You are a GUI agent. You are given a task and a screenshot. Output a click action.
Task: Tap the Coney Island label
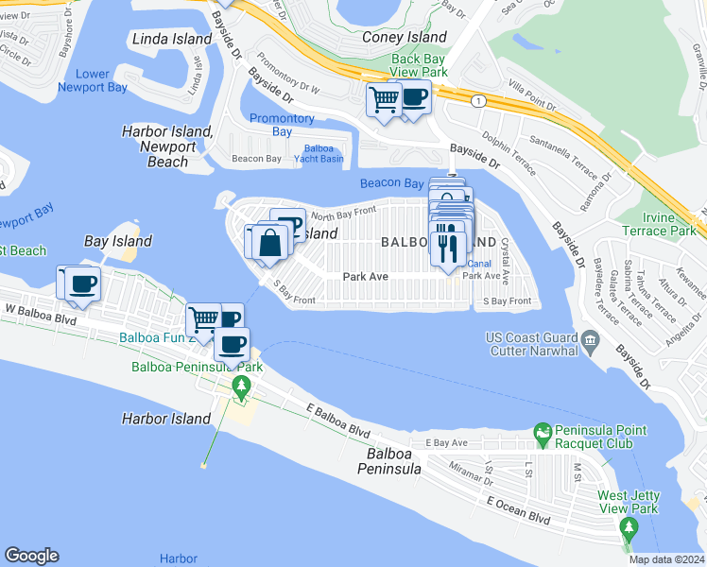pos(405,38)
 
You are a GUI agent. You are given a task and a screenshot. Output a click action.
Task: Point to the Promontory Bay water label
pos(282,125)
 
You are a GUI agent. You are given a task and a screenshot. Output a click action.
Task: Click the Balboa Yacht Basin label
pos(324,153)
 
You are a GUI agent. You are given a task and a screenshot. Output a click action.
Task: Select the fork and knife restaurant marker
pos(447,248)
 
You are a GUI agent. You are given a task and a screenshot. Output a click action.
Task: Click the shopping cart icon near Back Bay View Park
pos(384,98)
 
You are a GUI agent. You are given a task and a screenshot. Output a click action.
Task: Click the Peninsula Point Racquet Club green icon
pos(543,436)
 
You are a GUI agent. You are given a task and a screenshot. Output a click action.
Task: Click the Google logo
pos(31,556)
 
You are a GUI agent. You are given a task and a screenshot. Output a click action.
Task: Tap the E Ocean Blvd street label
pos(513,518)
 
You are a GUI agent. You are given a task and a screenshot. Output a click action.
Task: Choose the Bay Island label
pos(118,241)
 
